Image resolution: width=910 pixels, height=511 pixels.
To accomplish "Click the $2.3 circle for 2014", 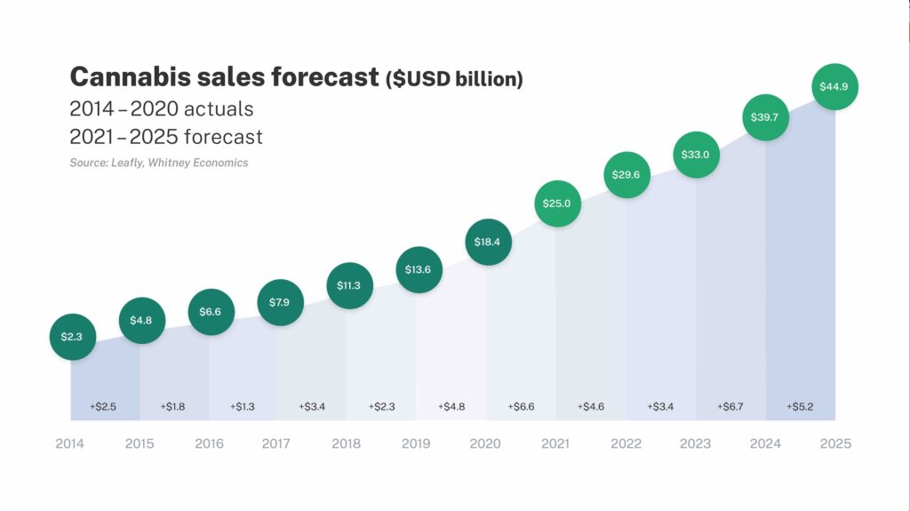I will click(72, 337).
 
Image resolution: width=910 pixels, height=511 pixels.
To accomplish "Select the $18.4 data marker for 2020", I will click(488, 242).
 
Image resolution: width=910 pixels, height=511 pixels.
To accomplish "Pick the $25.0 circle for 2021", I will click(557, 204).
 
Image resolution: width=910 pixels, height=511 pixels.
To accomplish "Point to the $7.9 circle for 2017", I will click(280, 302).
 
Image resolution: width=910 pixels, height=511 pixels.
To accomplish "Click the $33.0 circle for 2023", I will click(696, 154).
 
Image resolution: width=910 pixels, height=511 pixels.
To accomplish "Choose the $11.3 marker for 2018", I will click(349, 285).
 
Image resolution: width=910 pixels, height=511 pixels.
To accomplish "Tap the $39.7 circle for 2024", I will click(766, 117).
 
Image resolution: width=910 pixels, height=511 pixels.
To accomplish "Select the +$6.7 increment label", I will click(730, 406).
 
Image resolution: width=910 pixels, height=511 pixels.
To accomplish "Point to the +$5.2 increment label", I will click(800, 406).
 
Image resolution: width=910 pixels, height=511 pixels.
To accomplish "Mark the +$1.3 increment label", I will click(243, 406).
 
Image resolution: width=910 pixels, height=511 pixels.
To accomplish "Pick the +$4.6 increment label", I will click(591, 406).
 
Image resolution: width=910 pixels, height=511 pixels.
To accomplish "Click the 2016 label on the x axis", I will click(209, 443).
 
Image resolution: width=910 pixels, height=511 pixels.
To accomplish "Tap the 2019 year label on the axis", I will click(417, 443).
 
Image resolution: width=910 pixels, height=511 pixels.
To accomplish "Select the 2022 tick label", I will click(626, 443).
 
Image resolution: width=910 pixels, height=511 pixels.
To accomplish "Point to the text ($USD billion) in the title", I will click(454, 79).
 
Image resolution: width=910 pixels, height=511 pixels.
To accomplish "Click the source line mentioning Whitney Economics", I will click(159, 163).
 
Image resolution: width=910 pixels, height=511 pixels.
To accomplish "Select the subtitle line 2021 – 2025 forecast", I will click(166, 137).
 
